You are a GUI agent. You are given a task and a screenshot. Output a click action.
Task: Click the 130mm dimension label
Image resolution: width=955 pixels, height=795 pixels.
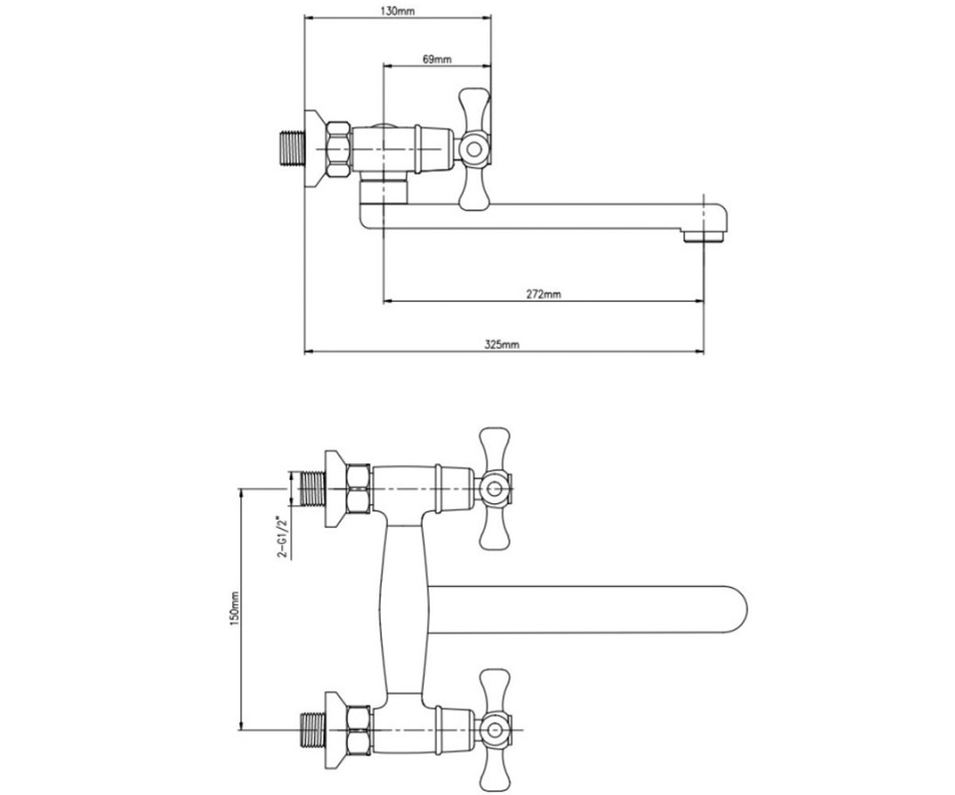[397, 11]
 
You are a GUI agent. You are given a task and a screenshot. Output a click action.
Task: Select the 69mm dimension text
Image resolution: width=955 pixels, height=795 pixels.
[437, 60]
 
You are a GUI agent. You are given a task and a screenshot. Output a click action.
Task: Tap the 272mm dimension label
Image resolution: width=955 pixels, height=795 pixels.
[544, 294]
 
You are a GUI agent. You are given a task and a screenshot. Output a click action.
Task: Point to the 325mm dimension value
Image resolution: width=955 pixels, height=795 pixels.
[501, 344]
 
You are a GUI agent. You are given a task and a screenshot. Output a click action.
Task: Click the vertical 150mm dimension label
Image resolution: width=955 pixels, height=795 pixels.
[235, 608]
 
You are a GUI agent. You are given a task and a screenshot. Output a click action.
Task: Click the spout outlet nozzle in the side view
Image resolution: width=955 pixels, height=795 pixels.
[704, 236]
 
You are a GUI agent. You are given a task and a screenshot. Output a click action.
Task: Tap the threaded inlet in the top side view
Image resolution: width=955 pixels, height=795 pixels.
[293, 149]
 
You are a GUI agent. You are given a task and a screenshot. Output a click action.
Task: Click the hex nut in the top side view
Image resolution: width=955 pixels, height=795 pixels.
[339, 149]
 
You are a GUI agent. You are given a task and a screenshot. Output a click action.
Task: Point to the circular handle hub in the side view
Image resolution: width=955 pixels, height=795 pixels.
[474, 149]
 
